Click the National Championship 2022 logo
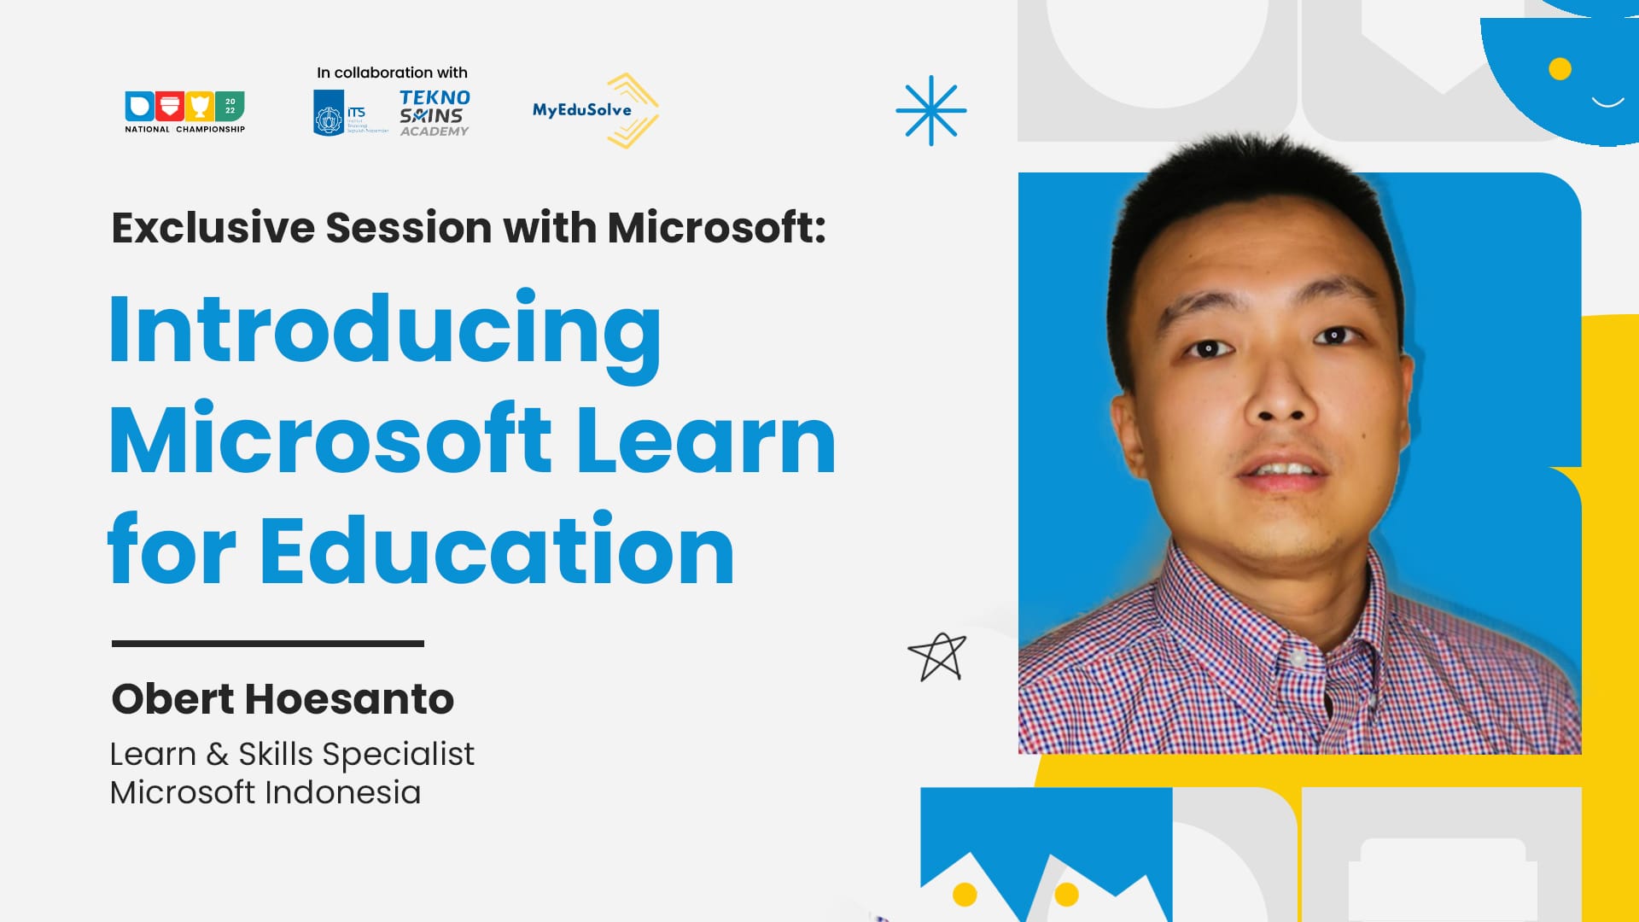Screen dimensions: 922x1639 [184, 112]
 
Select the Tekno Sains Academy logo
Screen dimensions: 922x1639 [435, 113]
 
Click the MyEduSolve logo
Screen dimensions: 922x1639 [595, 110]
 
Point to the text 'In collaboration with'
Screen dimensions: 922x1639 [392, 73]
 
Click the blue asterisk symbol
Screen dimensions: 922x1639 [930, 110]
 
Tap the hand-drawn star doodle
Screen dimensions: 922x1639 [937, 656]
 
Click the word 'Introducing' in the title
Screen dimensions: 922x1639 [385, 331]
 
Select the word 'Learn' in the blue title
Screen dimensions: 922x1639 [706, 441]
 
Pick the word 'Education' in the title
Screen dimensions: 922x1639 [497, 551]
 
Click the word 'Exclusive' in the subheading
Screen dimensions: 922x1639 [213, 228]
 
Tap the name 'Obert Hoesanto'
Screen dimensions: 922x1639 [283, 698]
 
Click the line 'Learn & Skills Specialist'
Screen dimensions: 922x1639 [292, 754]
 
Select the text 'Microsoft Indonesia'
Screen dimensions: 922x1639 [265, 792]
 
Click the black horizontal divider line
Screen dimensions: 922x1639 [267, 643]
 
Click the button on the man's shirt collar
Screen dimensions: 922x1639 [1298, 658]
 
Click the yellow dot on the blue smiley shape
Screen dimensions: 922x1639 [1560, 68]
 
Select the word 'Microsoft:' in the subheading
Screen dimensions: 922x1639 [716, 228]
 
